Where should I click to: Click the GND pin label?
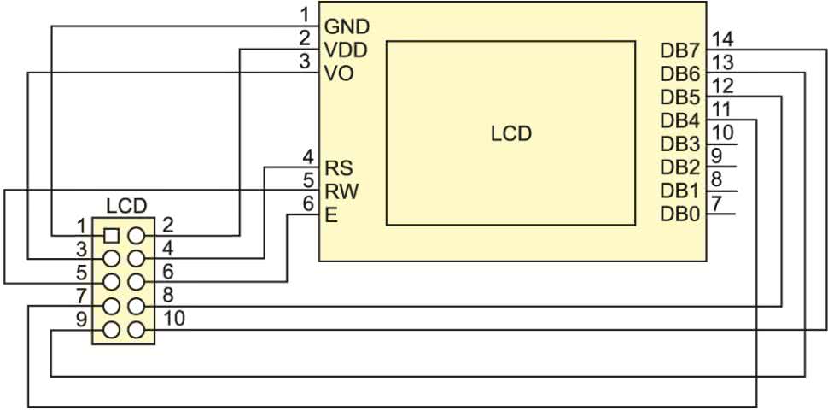point(346,26)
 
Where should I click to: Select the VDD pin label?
point(346,50)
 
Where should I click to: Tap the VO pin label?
point(338,73)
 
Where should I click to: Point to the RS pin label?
point(339,167)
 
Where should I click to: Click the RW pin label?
point(341,190)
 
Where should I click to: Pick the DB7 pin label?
point(679,50)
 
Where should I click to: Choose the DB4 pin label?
point(679,120)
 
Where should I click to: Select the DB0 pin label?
point(679,213)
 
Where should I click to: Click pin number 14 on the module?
point(722,39)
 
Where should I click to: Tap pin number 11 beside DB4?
point(720,109)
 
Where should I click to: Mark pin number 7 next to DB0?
point(717,203)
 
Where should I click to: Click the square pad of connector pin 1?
point(110,234)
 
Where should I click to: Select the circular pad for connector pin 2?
point(135,234)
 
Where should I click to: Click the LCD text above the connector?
point(126,207)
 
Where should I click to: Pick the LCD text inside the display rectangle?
point(510,134)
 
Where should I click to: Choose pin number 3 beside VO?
point(305,62)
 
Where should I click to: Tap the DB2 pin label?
point(679,167)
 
